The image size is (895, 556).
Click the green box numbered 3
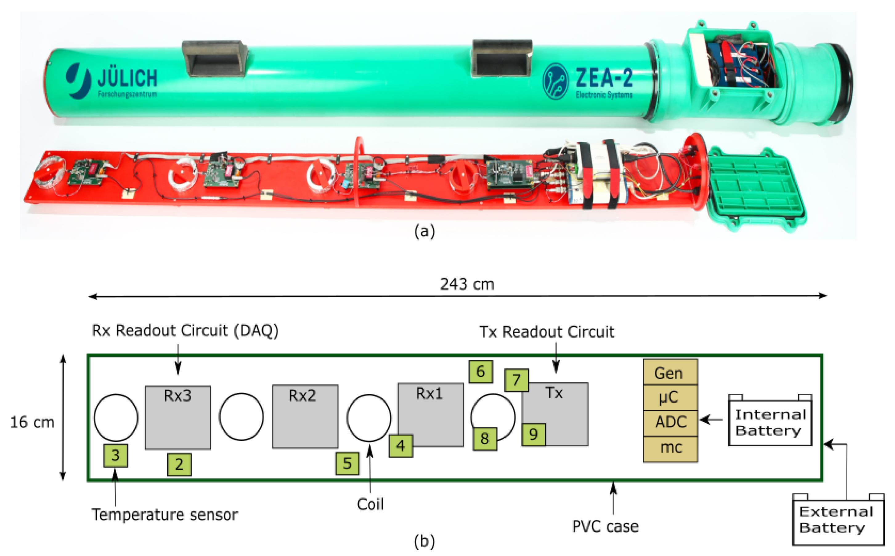coord(116,456)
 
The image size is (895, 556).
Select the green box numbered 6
coord(480,372)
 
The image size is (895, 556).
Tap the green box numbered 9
coord(533,435)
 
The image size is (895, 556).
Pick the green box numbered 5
coord(347,464)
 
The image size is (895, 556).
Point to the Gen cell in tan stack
coord(670,373)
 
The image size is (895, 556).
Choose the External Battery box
coord(838,520)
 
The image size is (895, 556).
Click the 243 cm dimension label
coord(467,285)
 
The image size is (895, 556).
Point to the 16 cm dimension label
coord(32,423)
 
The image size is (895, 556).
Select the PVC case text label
coord(605,526)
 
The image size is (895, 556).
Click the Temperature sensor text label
coord(164,515)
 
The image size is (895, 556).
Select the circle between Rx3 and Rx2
coord(241,417)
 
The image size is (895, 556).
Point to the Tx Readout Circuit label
coord(547,332)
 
